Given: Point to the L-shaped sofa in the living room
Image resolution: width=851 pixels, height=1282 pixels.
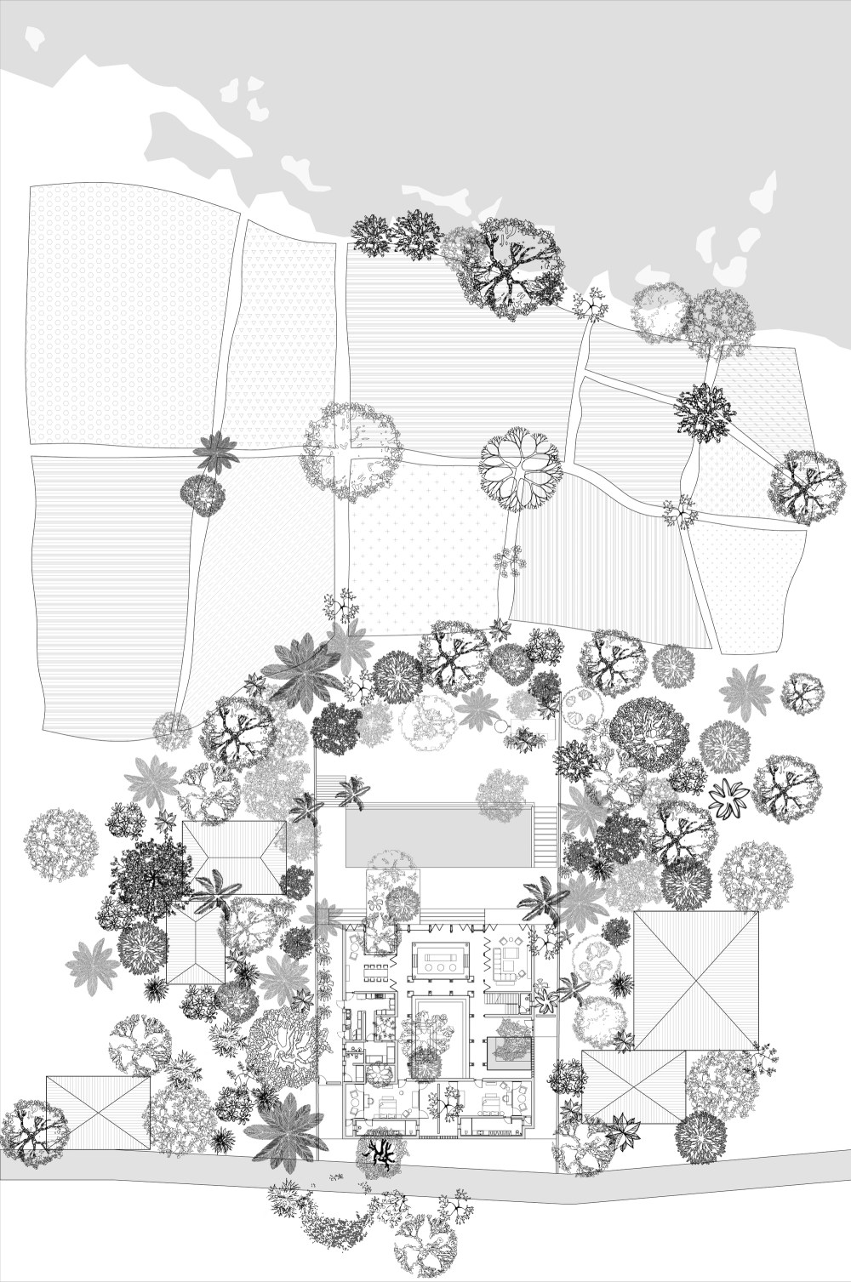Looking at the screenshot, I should click(x=505, y=961).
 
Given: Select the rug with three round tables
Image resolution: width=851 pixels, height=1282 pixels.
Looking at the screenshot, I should click(x=437, y=960).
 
